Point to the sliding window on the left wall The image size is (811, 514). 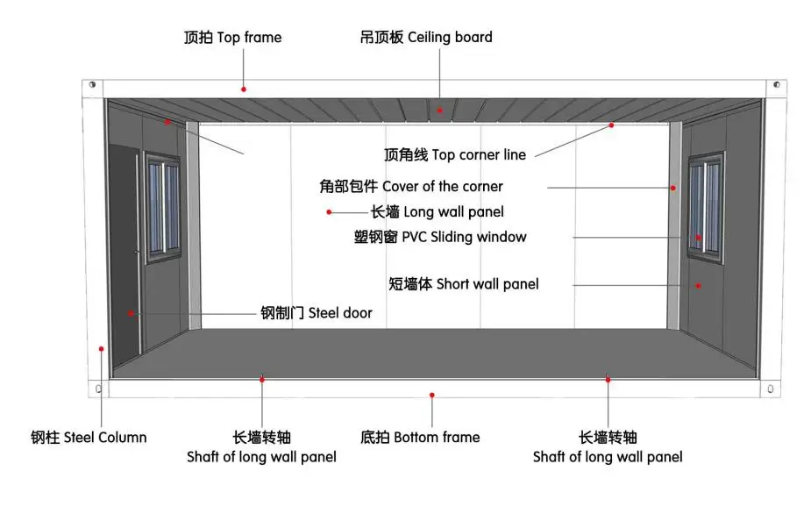[x=162, y=203]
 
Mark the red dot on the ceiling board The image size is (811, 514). [x=440, y=110]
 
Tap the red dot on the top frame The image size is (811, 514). [x=244, y=89]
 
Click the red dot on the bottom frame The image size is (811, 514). [x=431, y=396]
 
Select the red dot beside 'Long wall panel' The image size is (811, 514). [x=329, y=211]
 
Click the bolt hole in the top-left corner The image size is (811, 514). [x=92, y=86]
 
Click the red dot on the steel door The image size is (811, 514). [x=131, y=313]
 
